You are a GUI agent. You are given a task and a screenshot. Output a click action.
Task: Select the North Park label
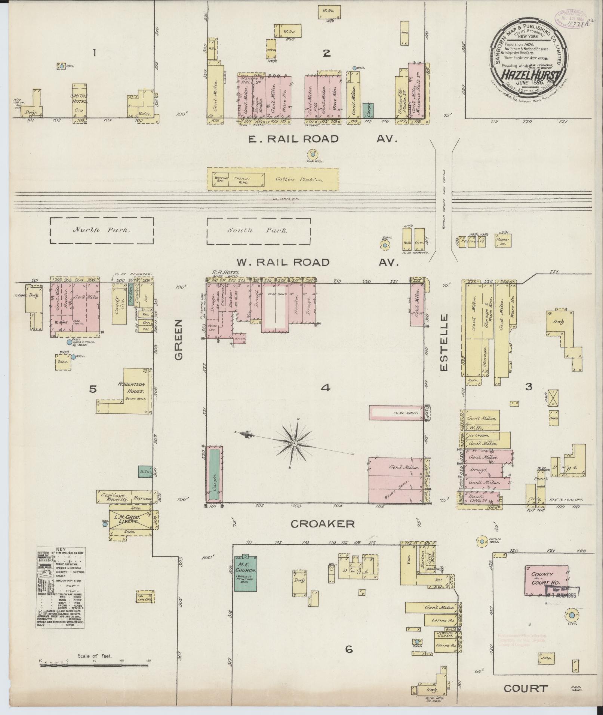(x=102, y=230)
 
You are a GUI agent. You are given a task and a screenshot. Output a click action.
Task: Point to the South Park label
(x=258, y=230)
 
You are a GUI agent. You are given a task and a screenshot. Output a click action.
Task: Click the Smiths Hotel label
(x=79, y=98)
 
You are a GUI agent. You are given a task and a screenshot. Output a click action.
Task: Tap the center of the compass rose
(x=294, y=443)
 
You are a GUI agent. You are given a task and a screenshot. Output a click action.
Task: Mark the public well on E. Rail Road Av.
(x=312, y=154)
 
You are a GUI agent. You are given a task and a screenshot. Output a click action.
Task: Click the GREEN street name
(x=179, y=339)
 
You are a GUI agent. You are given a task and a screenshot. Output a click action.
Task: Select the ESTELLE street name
(x=443, y=343)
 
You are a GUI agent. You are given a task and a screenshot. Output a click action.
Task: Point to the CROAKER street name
(x=323, y=524)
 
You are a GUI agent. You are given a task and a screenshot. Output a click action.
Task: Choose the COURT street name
(x=526, y=688)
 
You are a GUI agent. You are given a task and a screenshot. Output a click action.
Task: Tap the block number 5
(x=93, y=389)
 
